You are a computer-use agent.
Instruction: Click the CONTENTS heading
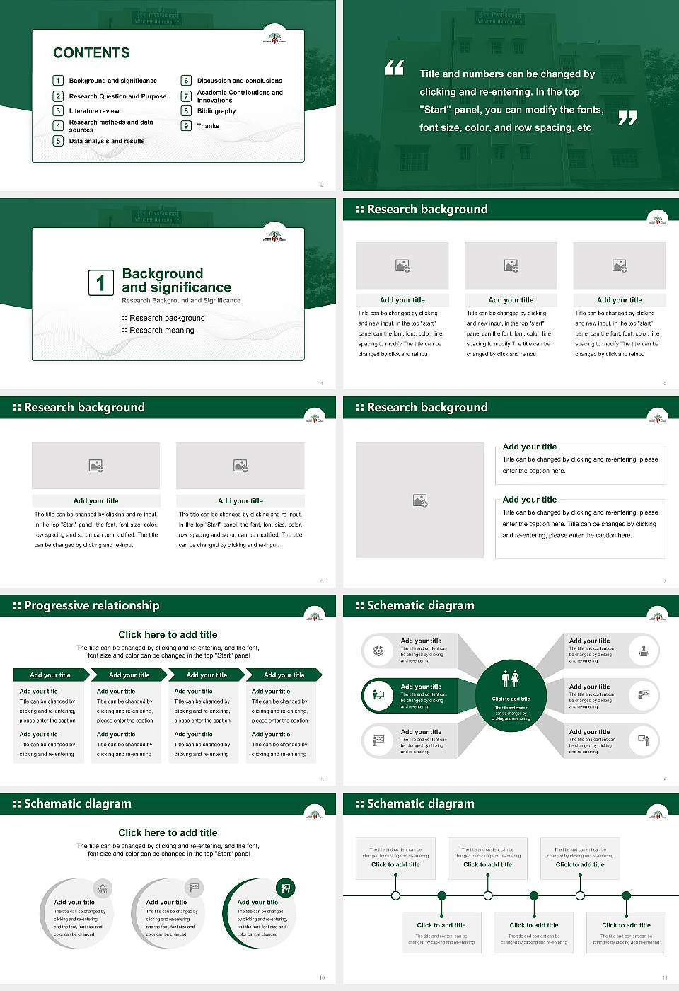pos(91,52)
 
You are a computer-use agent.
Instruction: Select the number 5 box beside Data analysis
pos(58,141)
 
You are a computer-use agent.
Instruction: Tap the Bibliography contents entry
pos(216,111)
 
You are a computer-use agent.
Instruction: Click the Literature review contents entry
pos(94,111)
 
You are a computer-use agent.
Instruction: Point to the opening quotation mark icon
pos(394,68)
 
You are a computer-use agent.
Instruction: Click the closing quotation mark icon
pos(627,118)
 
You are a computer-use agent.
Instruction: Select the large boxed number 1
pos(100,282)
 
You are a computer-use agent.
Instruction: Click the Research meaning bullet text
pos(162,331)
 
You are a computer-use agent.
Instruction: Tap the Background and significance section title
pos(176,280)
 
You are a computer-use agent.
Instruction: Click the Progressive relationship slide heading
pos(91,605)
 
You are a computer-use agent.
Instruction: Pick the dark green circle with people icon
pos(511,696)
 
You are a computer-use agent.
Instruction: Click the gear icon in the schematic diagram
pos(378,651)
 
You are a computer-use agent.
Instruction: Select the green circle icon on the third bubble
pos(286,888)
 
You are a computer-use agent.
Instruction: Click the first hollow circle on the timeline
pos(395,895)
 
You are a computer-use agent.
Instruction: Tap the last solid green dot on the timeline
pos(626,895)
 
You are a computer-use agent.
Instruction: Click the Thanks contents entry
pos(208,126)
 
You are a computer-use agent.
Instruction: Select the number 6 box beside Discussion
pos(187,81)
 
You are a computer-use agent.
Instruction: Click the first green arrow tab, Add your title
pos(50,675)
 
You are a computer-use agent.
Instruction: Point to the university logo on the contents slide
pos(274,38)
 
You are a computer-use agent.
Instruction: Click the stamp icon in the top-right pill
pos(644,651)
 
